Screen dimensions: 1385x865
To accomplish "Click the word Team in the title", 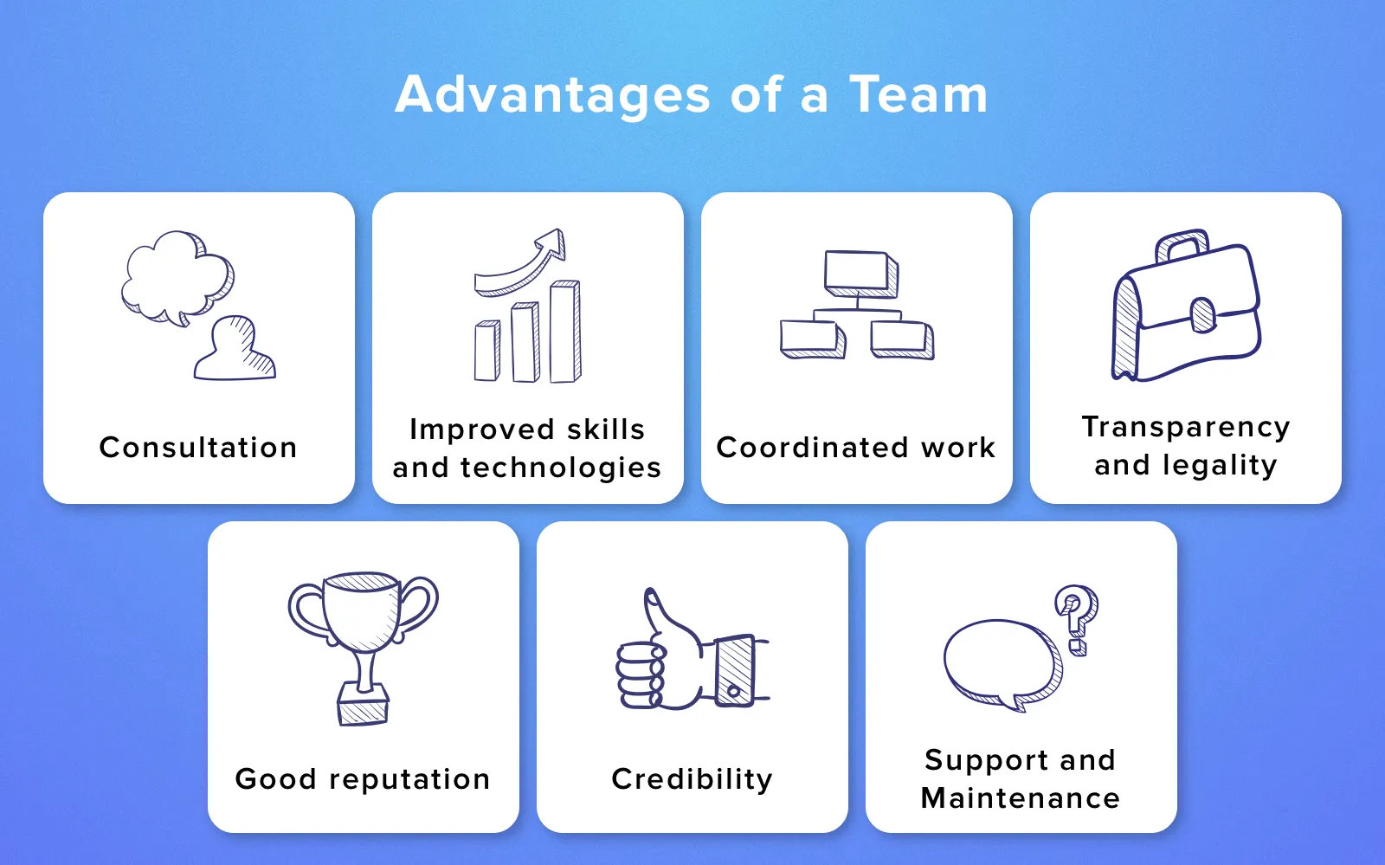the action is pyautogui.click(x=918, y=94).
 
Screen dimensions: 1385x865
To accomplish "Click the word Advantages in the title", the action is pyautogui.click(x=553, y=96).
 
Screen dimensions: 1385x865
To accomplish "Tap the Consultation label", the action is pyautogui.click(x=198, y=447).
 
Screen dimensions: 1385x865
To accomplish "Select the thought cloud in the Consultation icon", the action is pyautogui.click(x=177, y=278).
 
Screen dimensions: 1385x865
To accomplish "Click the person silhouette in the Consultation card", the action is pyautogui.click(x=235, y=348).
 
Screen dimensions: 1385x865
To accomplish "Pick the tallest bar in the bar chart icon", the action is pyautogui.click(x=565, y=332).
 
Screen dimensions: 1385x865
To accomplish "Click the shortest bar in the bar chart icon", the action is pyautogui.click(x=487, y=351).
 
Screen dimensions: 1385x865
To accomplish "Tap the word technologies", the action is pyautogui.click(x=561, y=468).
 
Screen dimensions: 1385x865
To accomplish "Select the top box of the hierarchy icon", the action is pyautogui.click(x=861, y=274).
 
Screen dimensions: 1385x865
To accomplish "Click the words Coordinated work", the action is pyautogui.click(x=856, y=447).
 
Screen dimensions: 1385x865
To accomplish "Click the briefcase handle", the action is pyautogui.click(x=1182, y=245).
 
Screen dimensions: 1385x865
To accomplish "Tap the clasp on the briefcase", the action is pyautogui.click(x=1203, y=314).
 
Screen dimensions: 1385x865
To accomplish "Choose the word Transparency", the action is pyautogui.click(x=1186, y=428).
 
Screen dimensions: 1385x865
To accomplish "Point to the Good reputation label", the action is pyautogui.click(x=363, y=779).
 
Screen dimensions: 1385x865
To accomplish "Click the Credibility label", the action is pyautogui.click(x=692, y=779).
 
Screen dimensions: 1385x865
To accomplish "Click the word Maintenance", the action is pyautogui.click(x=1021, y=797).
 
